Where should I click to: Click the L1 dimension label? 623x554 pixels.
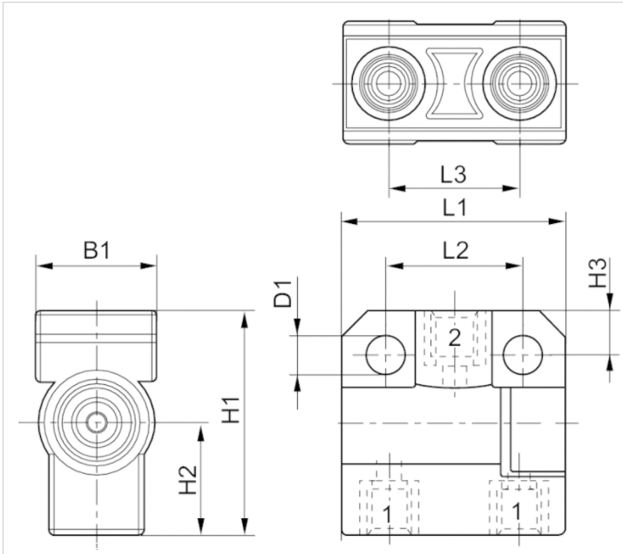(454, 207)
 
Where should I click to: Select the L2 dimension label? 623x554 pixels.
(454, 252)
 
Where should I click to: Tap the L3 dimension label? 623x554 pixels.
(454, 173)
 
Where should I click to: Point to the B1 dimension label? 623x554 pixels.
(96, 251)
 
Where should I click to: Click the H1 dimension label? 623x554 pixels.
(231, 409)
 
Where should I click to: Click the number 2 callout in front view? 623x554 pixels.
(454, 338)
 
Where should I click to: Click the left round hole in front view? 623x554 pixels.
(386, 355)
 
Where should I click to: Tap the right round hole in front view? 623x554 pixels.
(521, 355)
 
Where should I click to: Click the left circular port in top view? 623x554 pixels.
(389, 84)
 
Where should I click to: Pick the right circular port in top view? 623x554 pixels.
(520, 84)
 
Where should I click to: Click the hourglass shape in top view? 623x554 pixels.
(454, 84)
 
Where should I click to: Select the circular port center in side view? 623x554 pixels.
(96, 423)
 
